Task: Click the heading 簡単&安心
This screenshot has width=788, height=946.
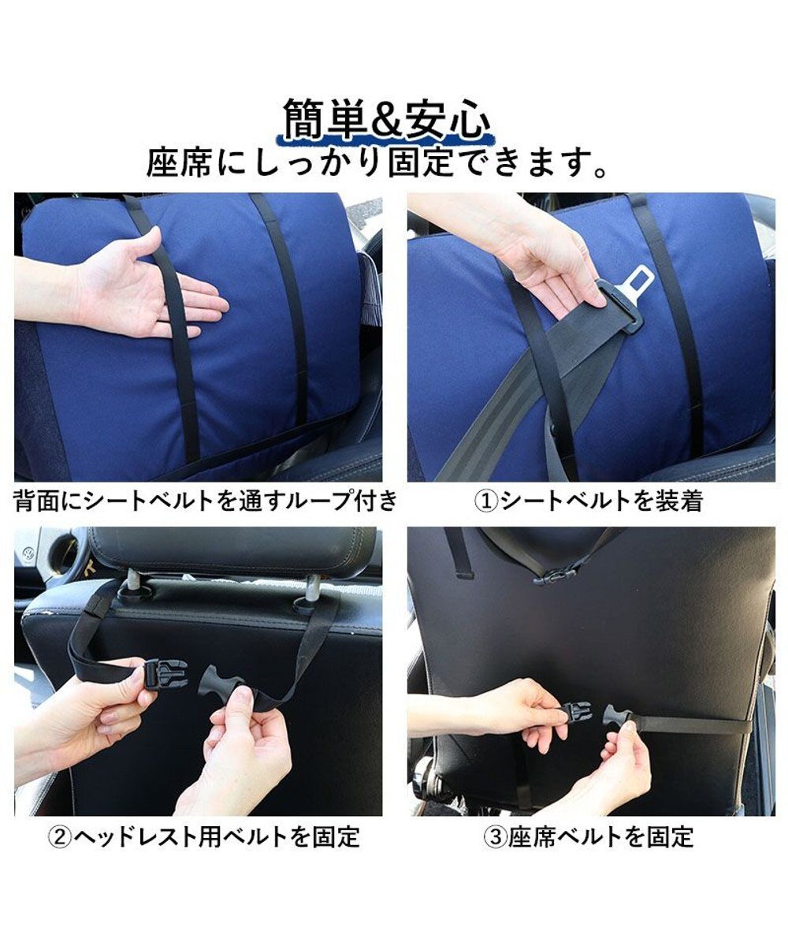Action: [x=386, y=120]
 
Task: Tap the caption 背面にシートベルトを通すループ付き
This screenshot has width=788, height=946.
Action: [x=206, y=500]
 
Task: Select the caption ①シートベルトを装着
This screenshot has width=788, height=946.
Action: [x=589, y=501]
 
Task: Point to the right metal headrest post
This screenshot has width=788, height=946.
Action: [x=310, y=588]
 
